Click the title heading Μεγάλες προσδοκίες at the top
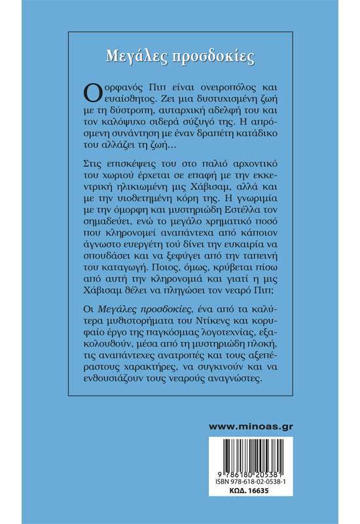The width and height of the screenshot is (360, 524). [x=179, y=55]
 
